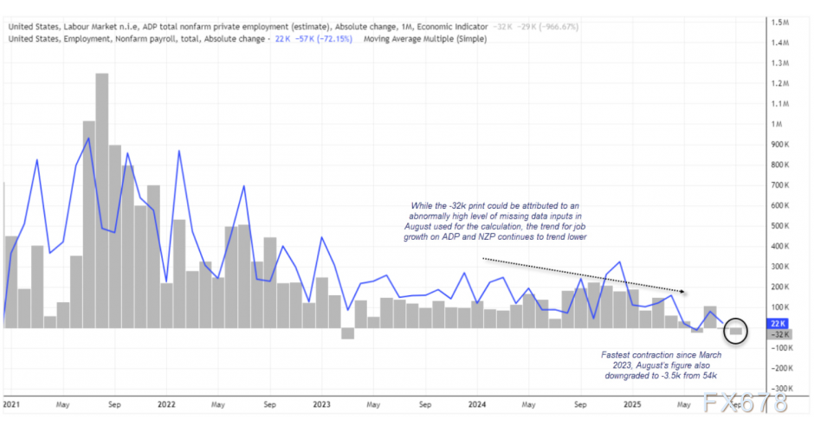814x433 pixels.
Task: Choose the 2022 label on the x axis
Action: (x=167, y=404)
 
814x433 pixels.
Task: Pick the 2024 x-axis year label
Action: (x=476, y=404)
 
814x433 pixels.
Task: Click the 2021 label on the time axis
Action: (x=12, y=404)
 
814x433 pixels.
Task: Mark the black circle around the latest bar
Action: (x=736, y=329)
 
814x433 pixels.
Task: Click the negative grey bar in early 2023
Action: (x=347, y=333)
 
